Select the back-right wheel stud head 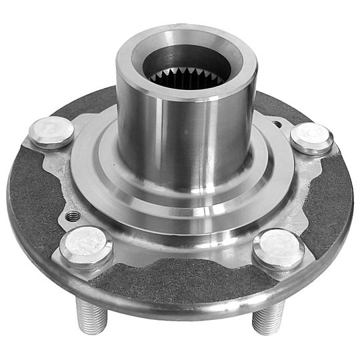(x=311, y=138)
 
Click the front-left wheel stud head (x=86, y=244)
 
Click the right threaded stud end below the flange (x=269, y=316)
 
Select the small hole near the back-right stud (x=277, y=123)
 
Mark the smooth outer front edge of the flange (x=180, y=308)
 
